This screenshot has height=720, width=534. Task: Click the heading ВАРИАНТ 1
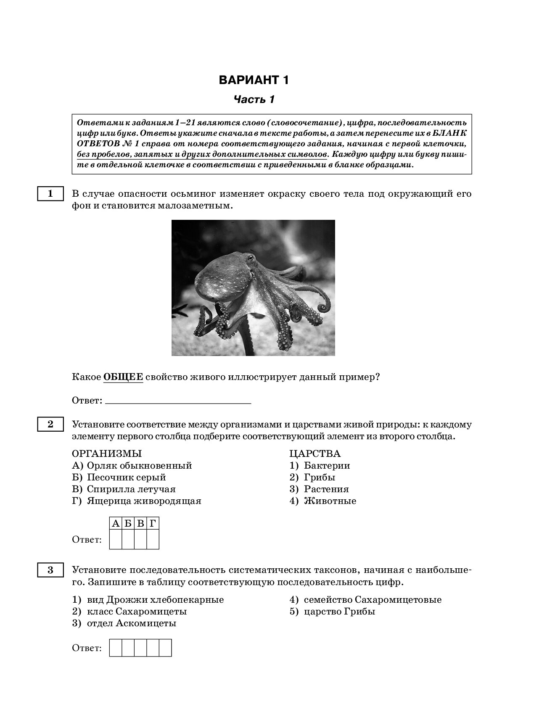pos(254,80)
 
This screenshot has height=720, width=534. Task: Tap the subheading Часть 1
pos(254,100)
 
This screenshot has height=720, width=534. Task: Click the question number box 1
pos(50,194)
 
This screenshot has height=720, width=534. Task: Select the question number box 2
pos(50,424)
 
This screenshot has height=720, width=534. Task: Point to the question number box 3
pos(50,570)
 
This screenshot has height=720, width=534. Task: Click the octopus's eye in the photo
pos(251,257)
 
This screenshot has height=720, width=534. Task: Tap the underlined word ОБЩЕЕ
pos(123,377)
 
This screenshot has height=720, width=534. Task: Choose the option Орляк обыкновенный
pos(139,465)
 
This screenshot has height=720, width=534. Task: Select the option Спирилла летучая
pos(131,489)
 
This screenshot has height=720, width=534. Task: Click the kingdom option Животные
pos(330,501)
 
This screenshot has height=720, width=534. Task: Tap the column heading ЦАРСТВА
pos(315,454)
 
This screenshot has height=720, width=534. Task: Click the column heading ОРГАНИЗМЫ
pos(107,454)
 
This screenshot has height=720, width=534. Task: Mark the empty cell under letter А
pos(116,539)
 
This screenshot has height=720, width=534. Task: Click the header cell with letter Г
pos(153,523)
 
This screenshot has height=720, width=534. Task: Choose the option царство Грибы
pos(339,611)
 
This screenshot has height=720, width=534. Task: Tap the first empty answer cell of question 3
pos(116,648)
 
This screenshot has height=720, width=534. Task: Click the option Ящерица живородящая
pos(143,501)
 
